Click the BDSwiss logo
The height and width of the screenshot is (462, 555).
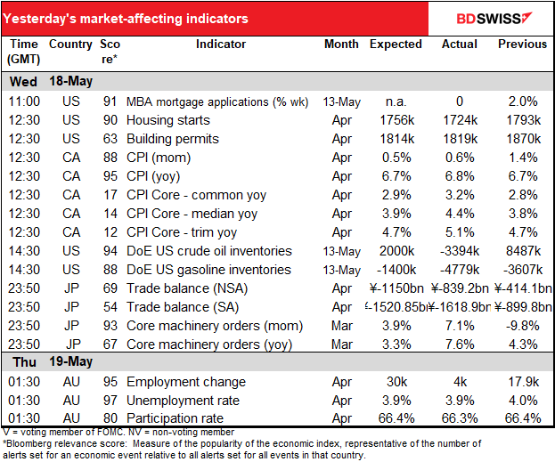[x=493, y=18]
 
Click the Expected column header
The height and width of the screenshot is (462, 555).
[x=395, y=45]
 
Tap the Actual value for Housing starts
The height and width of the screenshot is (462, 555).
[x=460, y=120]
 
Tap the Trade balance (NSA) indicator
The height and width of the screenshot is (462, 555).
[x=200, y=288]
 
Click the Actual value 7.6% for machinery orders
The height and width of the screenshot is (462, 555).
[x=460, y=344]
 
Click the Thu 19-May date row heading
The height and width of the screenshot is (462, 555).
[x=50, y=363]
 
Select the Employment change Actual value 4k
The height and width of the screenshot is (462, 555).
[x=460, y=382]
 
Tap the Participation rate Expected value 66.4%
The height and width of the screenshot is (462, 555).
[x=395, y=419]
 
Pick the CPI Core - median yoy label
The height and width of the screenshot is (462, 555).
[x=204, y=214]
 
